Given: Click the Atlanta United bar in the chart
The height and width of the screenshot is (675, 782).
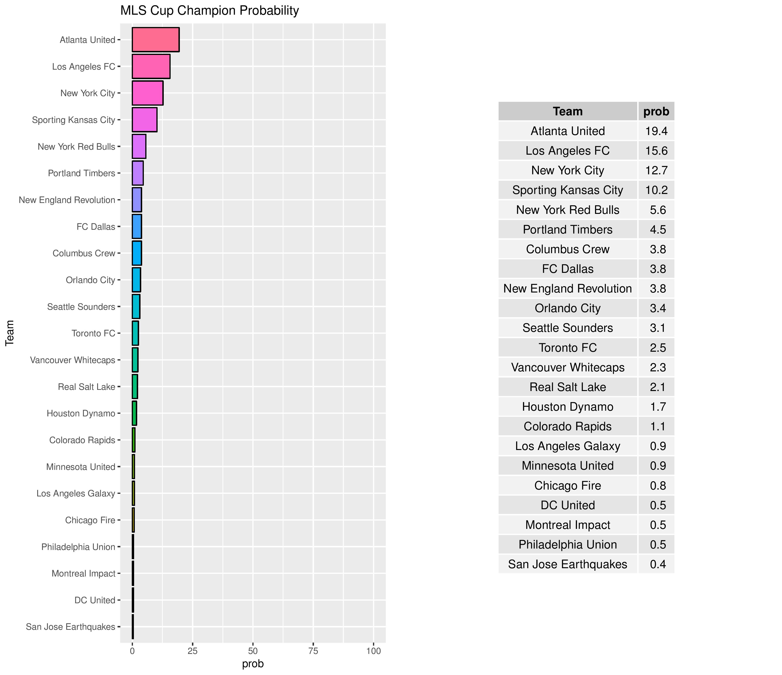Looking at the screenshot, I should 155,40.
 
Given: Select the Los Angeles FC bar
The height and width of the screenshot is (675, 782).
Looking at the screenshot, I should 151,66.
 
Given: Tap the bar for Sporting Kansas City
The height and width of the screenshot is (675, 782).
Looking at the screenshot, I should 145,120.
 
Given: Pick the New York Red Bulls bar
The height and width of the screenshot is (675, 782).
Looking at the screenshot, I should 139,146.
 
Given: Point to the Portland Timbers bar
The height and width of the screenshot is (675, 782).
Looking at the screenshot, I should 138,173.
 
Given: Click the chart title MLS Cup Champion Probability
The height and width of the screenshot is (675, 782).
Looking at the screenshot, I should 209,11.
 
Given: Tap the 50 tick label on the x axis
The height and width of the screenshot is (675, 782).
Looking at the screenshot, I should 253,651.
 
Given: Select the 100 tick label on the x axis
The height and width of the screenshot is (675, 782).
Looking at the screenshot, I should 373,651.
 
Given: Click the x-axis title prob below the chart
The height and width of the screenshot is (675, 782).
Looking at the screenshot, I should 253,663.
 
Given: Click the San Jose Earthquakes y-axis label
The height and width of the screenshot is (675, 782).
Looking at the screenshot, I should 71,627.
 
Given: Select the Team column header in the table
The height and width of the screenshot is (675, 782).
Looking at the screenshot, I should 568,111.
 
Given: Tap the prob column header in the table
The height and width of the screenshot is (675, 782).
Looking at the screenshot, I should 656,111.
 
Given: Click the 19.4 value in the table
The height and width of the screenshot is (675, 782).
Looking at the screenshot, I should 656,131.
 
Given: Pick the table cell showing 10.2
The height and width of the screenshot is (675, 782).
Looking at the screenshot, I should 656,190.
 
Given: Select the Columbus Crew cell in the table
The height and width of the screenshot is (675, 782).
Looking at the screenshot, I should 568,249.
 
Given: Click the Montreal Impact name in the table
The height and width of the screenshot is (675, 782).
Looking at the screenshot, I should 568,525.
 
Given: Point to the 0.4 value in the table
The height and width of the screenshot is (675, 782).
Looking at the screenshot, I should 657,564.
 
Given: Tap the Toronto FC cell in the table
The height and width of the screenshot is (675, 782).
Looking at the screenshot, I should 568,347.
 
